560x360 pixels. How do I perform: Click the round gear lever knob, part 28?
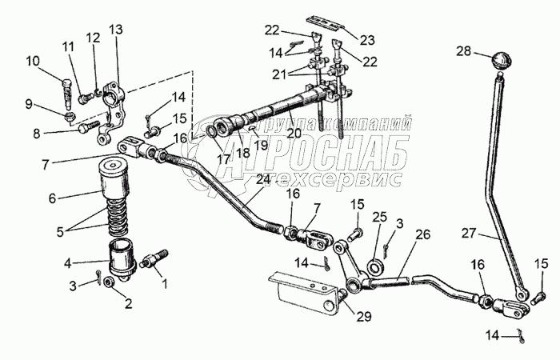tap(501, 61)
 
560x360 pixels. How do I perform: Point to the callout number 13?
tap(116, 30)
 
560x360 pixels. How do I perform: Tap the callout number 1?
tap(165, 282)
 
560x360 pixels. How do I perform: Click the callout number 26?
tap(422, 235)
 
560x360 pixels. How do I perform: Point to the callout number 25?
tap(379, 218)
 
